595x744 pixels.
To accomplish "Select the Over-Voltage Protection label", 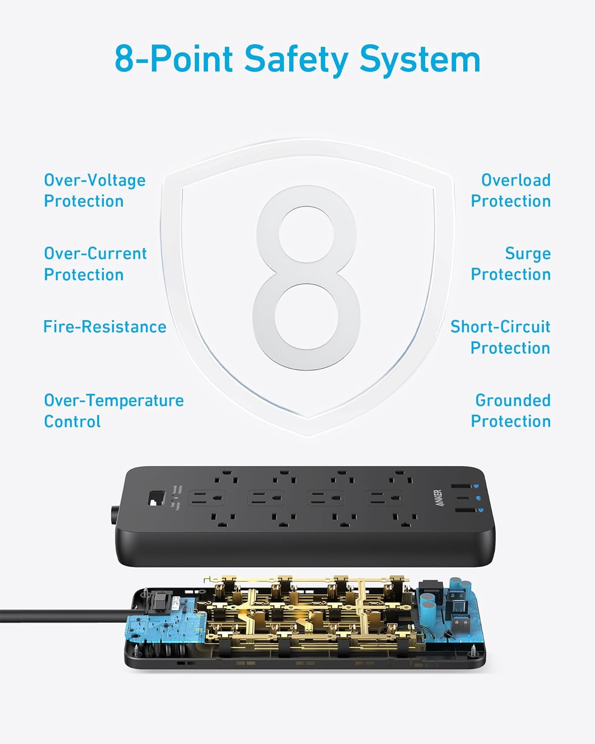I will [95, 190].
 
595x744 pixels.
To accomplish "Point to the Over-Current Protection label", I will [95, 264].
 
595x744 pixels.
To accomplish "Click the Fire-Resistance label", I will [105, 327].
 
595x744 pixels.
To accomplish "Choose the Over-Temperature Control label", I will [114, 411].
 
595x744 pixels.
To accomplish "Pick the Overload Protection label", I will [511, 190].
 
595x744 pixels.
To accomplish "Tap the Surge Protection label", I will [511, 264].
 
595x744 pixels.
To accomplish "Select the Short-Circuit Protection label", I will [500, 337].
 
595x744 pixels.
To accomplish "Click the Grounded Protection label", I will [511, 411].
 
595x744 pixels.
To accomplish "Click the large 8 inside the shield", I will [306, 278].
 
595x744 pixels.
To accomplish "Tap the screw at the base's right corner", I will [477, 648].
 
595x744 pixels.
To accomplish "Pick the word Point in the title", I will [191, 60].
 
